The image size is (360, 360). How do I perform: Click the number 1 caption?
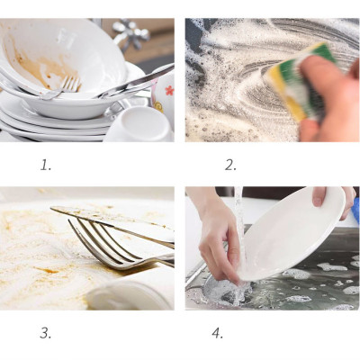tap(46, 164)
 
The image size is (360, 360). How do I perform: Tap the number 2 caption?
tap(230, 164)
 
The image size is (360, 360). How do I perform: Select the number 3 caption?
tap(46, 333)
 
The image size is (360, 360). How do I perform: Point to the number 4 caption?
tap(217, 333)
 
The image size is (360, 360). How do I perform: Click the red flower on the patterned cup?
tap(167, 92)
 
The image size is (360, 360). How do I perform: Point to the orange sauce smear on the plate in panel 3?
tap(36, 252)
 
